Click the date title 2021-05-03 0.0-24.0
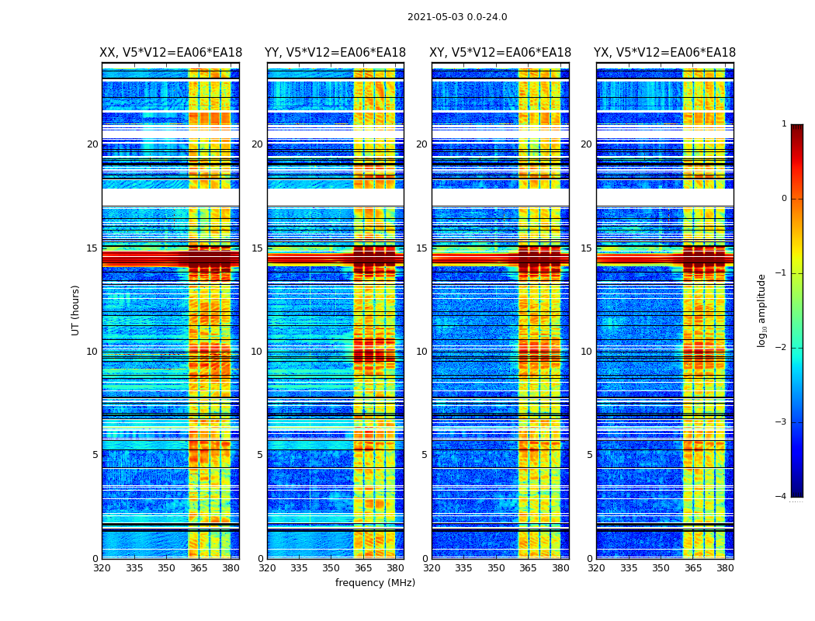pos(457,17)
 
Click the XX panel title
pos(171,53)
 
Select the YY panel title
pos(335,53)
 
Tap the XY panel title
pos(501,53)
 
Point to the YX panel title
pos(665,53)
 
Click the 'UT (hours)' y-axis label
pos(76,310)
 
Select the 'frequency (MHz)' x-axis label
pos(375,583)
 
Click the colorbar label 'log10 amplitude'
pos(762,310)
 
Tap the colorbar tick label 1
pos(784,124)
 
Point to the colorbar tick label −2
pos(782,348)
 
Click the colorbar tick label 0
pos(784,199)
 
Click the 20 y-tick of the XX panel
pos(92,144)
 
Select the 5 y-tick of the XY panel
pos(425,455)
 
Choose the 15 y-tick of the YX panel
pos(587,248)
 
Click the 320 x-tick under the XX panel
pos(102,569)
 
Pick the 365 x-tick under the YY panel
pos(363,569)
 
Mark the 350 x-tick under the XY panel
pos(496,569)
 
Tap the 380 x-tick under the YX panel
pos(725,569)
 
